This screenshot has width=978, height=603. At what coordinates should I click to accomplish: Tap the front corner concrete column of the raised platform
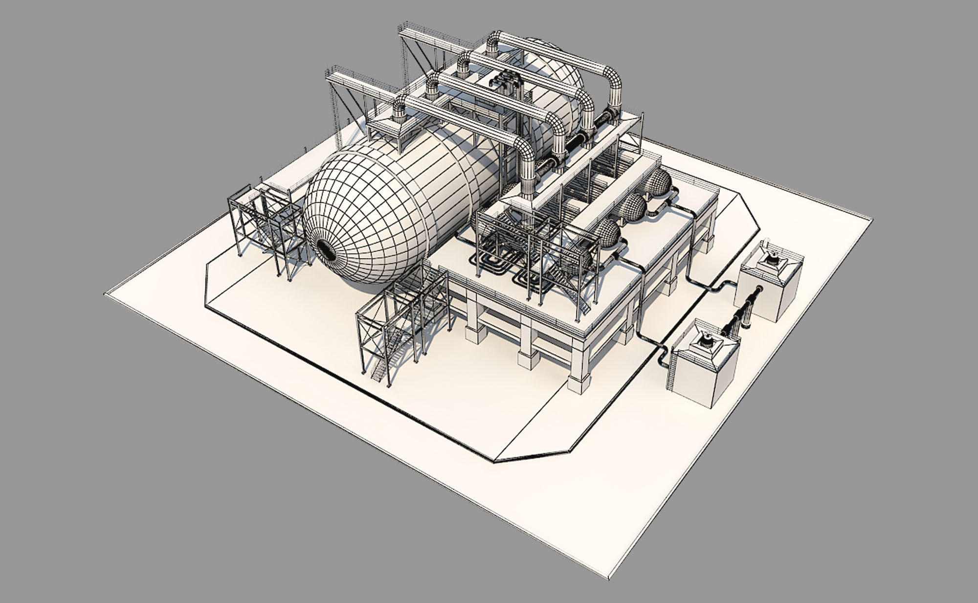(x=578, y=379)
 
